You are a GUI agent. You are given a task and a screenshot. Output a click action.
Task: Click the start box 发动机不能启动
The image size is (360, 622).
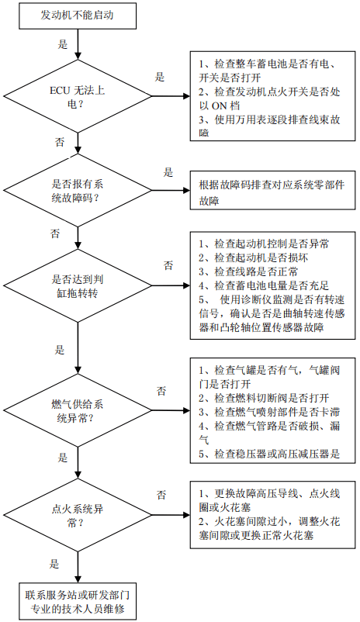click(x=77, y=15)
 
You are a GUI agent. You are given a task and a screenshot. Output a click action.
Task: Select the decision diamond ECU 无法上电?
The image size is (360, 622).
click(x=78, y=96)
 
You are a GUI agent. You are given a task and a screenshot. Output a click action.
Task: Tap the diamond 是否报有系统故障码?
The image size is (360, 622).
click(x=78, y=191)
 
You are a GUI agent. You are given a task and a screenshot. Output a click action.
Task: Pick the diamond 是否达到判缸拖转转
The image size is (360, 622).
click(x=78, y=285)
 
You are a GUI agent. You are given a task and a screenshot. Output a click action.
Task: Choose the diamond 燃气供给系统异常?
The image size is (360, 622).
click(x=78, y=411)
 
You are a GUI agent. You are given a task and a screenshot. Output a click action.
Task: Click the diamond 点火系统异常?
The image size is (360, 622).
click(x=78, y=515)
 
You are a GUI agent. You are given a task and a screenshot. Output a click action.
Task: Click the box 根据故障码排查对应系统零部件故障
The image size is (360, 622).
click(x=272, y=191)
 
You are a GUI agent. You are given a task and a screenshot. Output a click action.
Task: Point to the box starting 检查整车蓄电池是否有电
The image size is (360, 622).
click(x=272, y=95)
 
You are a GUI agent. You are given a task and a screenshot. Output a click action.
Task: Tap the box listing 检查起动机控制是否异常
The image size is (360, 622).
click(x=272, y=285)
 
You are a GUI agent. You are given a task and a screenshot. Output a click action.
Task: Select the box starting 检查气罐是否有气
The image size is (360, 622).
click(x=272, y=410)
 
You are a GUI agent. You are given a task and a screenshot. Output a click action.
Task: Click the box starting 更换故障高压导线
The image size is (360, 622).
click(x=272, y=515)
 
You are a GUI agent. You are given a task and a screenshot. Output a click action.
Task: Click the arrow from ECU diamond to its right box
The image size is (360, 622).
click(x=171, y=96)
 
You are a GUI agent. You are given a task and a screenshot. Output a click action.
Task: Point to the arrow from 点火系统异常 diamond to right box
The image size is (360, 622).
click(x=171, y=515)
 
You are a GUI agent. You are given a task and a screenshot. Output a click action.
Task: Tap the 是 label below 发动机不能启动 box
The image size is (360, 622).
click(x=63, y=44)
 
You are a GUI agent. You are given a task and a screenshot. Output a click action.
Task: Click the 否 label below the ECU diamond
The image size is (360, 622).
click(x=60, y=142)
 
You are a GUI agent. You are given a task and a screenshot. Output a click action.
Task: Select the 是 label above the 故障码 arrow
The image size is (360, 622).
click(x=168, y=172)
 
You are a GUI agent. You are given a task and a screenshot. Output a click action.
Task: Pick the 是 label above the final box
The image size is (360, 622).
click(x=54, y=563)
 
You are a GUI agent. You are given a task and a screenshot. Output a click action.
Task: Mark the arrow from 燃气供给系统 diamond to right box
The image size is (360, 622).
click(x=171, y=411)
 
